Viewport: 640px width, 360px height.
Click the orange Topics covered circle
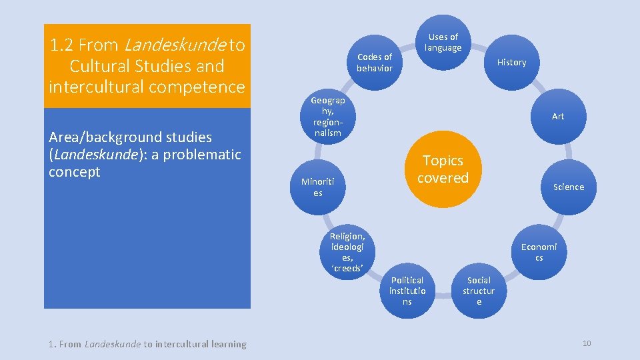coord(443,169)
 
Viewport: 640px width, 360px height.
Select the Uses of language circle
coord(443,42)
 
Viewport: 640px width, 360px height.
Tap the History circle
coord(511,62)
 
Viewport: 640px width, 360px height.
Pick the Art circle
coord(557,116)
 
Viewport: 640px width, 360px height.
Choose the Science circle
coord(568,187)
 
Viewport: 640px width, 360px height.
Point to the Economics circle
coord(539,252)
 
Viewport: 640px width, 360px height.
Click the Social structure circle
coord(479,291)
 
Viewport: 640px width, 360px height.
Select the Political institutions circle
coord(407,291)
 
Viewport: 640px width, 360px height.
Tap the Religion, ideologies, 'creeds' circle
coord(347,252)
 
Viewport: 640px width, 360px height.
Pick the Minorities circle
coord(318,187)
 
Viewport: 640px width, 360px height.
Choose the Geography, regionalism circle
coord(328,116)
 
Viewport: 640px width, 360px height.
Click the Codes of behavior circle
coord(375,62)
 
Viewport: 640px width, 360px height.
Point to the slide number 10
coord(587,343)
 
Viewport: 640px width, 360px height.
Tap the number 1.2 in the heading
coord(62,45)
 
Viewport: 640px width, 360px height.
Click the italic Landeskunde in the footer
coord(113,344)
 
